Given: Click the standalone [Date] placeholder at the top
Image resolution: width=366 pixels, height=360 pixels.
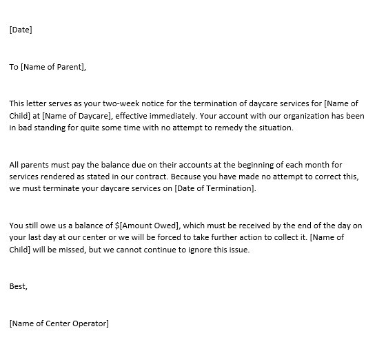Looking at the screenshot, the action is pos(21,30).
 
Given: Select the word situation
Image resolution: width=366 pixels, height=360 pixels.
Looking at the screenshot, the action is pos(273,127).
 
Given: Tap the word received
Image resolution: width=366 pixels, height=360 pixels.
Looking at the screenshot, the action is pos(258,226).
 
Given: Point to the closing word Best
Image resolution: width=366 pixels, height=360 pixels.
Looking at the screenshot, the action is pos(18,286).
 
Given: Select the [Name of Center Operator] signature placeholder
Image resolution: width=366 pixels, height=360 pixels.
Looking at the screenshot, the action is pos(59,323).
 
